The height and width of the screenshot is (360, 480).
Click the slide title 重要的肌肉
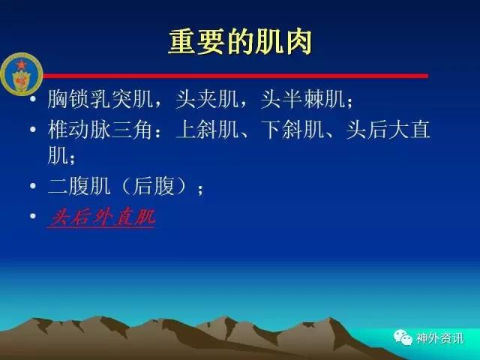point(240,42)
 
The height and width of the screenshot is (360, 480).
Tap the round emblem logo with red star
point(22,73)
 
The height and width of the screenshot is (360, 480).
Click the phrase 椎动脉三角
point(100,130)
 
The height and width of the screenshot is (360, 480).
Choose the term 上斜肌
point(208,130)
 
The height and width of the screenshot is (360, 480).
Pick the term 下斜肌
point(293,130)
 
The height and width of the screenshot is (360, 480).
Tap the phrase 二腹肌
point(79,185)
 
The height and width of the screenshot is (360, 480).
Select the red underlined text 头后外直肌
point(101,217)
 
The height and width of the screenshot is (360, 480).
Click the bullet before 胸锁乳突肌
point(33,98)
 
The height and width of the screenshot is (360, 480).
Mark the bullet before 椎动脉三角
point(33,129)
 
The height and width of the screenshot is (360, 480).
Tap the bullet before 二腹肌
point(33,185)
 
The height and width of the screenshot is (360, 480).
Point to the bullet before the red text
point(33,216)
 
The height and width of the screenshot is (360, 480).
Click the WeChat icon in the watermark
point(403,337)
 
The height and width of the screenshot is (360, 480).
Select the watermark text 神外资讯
point(440,338)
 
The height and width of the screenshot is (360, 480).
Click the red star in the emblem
point(21,64)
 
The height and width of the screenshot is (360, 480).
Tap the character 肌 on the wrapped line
point(58,155)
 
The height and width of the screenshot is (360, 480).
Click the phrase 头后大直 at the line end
point(388,130)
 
